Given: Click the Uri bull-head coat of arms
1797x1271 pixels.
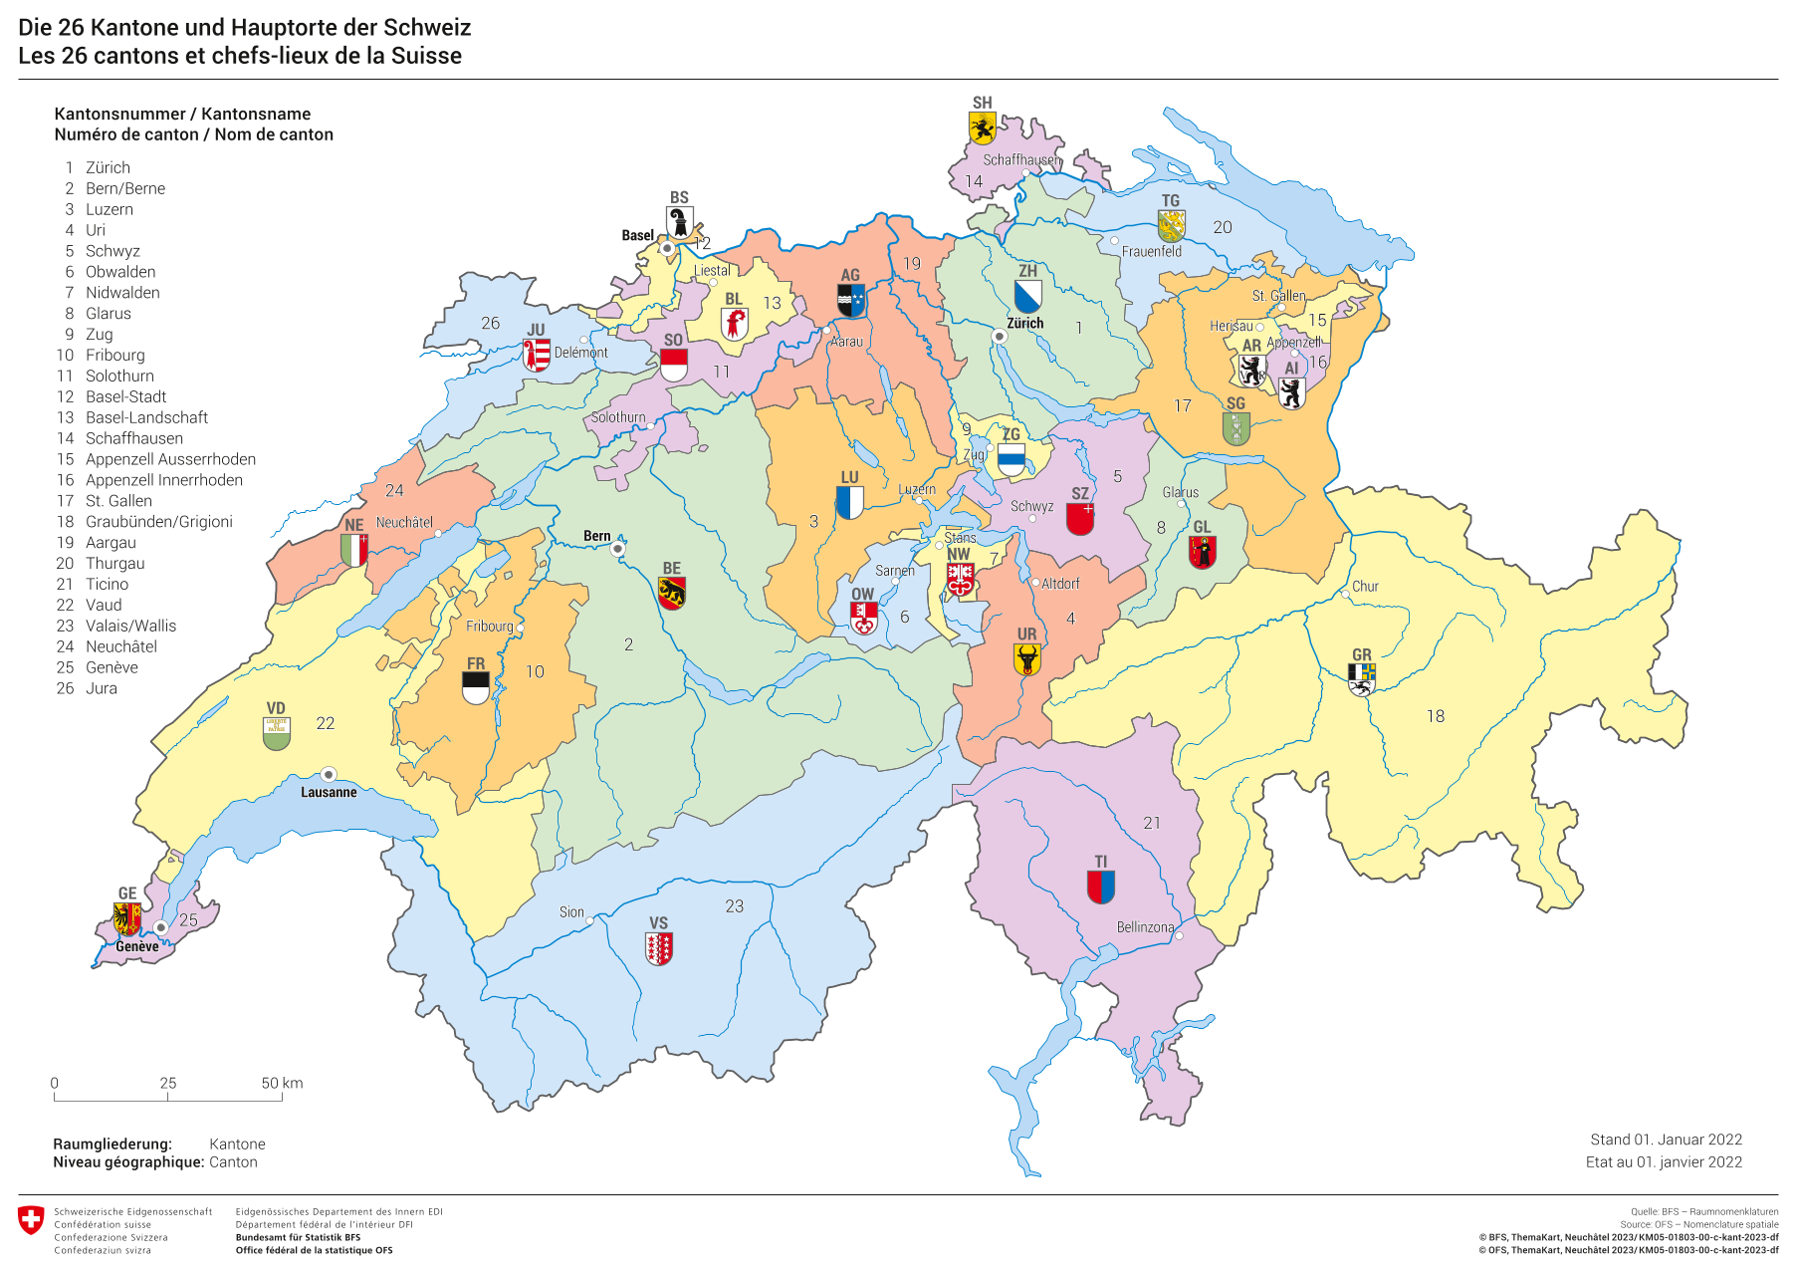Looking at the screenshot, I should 1026,659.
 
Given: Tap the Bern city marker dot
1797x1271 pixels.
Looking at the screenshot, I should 617,549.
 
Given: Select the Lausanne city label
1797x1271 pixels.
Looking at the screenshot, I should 329,792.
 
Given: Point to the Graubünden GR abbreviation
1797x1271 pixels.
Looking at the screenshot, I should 1361,654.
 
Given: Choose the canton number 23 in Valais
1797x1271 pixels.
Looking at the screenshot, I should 734,906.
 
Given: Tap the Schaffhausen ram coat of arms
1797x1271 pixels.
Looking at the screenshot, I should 982,128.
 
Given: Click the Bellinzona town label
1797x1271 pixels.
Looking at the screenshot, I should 1145,927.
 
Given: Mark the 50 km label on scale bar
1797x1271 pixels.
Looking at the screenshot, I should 282,1083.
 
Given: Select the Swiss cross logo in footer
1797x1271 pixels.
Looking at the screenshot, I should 31,1220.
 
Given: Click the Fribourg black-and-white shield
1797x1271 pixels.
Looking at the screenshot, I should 476,687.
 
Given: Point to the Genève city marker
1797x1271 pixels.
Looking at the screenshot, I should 159,927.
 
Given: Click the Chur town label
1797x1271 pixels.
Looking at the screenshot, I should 1365,587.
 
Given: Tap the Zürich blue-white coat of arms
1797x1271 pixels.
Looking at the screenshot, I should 1027,296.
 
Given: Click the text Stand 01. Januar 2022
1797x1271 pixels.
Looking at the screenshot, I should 1666,1140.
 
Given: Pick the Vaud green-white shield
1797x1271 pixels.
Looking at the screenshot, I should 277,734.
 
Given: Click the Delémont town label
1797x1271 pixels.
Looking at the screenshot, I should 580,353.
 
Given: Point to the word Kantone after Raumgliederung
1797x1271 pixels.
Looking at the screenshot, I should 237,1144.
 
